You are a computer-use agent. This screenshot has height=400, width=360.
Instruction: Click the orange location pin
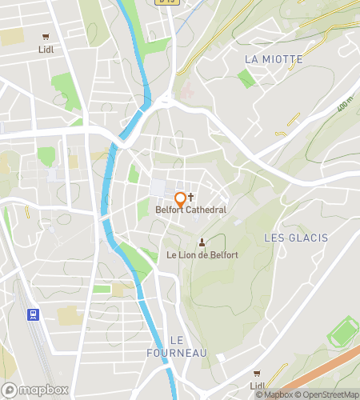(x=180, y=198)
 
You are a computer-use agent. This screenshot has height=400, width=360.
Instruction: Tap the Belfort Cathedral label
(x=190, y=210)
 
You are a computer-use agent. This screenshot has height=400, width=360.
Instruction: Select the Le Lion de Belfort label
(x=202, y=254)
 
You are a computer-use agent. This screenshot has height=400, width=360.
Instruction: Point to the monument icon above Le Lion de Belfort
(x=202, y=242)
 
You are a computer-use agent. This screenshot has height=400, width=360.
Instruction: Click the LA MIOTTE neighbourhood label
(x=274, y=59)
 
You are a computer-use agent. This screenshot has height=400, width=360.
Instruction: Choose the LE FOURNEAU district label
(x=177, y=346)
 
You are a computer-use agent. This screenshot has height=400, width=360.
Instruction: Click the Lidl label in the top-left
(x=46, y=49)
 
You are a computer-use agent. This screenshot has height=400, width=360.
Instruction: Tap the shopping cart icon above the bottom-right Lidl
(x=256, y=373)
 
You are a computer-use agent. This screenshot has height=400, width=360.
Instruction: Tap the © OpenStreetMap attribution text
(x=327, y=394)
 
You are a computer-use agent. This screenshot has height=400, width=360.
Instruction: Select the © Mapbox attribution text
(x=274, y=394)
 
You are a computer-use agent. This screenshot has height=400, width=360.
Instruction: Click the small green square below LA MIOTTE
(x=246, y=78)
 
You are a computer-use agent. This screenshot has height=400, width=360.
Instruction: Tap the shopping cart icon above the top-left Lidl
(x=46, y=36)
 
